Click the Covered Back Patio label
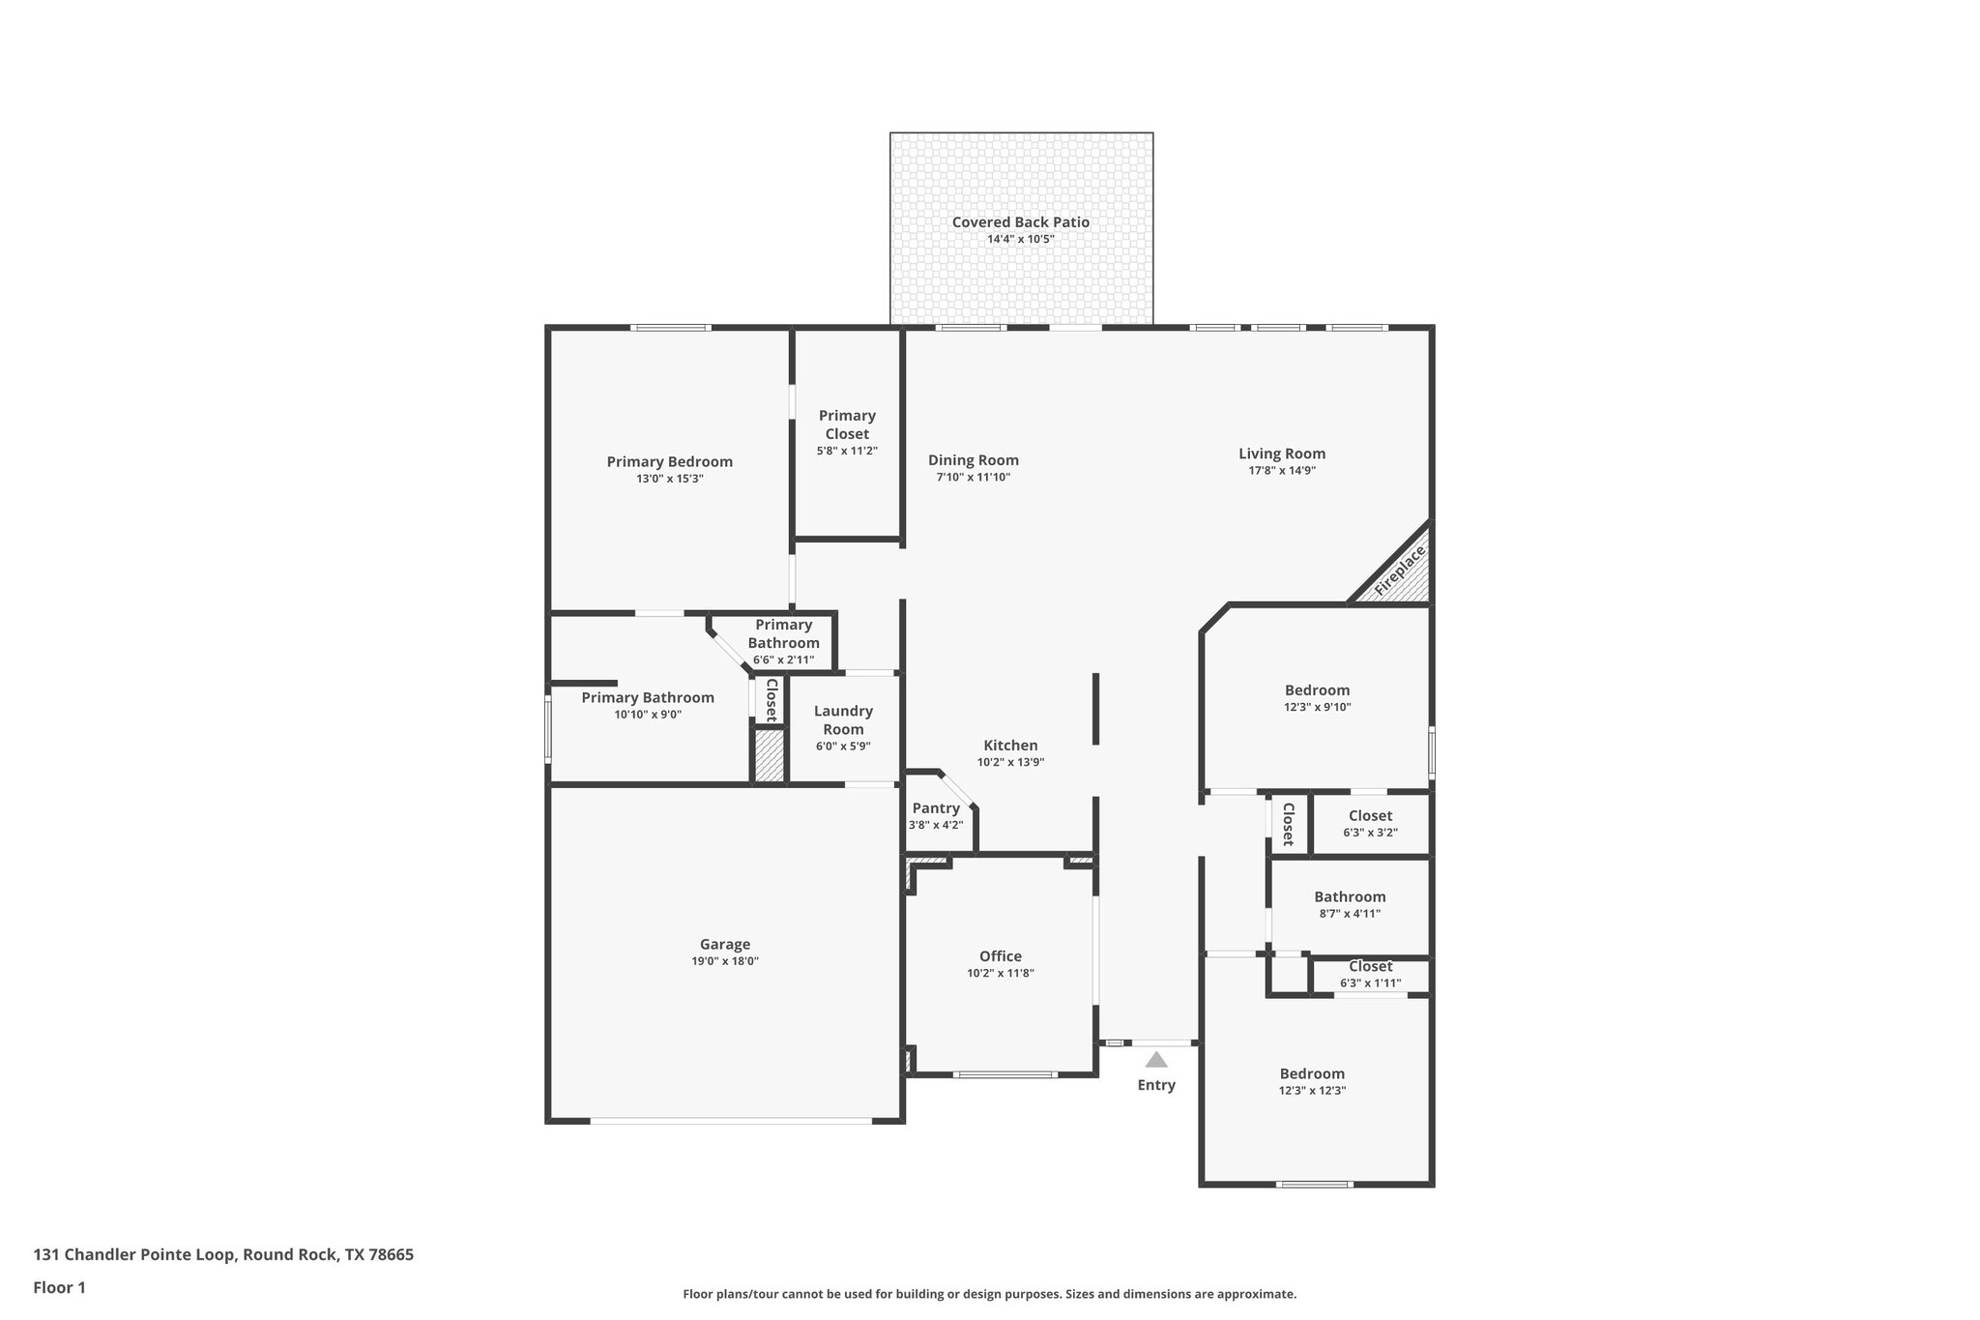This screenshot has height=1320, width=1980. pos(1020,221)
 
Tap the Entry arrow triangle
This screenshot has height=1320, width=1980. pos(1155,1060)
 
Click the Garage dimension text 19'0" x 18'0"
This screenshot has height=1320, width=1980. pos(724,961)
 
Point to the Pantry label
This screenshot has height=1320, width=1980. pos(936,808)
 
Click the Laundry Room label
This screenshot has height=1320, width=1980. pos(843,719)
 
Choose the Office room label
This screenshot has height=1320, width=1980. pos(1000,956)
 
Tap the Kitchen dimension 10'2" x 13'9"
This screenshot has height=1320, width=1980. pos(1010,762)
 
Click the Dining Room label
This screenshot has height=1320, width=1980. pos(973,460)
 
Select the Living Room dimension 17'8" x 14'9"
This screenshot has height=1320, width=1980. pos(1281,471)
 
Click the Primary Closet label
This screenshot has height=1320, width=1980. pos(847,425)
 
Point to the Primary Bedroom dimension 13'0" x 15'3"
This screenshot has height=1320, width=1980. pos(669,479)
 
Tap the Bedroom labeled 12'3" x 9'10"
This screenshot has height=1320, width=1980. pos(1317,690)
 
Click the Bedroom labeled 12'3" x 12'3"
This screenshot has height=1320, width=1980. pos(1312,1073)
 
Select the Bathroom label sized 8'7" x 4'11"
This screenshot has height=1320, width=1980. pos(1350,896)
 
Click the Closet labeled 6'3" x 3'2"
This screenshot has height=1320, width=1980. pos(1370,816)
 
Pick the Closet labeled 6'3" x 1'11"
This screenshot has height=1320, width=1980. pos(1370,967)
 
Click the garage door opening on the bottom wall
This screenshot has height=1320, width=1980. pos(731,1121)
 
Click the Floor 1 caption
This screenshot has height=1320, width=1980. pos(60,1287)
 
